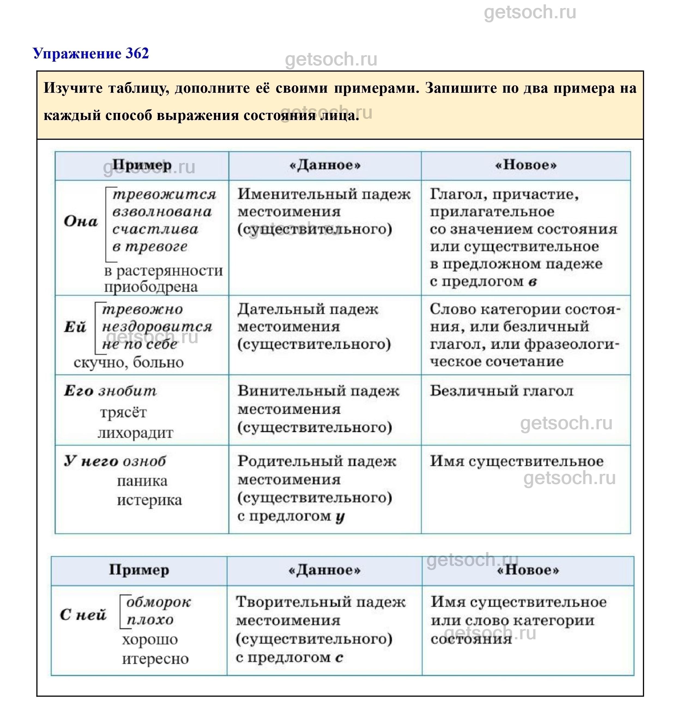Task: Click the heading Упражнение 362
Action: coord(90,53)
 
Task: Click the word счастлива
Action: coord(155,229)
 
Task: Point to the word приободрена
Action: coord(151,287)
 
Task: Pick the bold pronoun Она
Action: coord(81,221)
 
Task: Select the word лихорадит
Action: coord(135,433)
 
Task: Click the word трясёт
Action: coord(123,412)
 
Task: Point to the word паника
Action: coord(142,481)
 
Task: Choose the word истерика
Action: coord(149,500)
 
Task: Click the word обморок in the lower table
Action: coord(158,602)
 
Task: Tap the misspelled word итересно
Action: coord(155,659)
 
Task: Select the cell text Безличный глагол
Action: coord(501,391)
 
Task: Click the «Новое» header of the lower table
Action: coord(528,570)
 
